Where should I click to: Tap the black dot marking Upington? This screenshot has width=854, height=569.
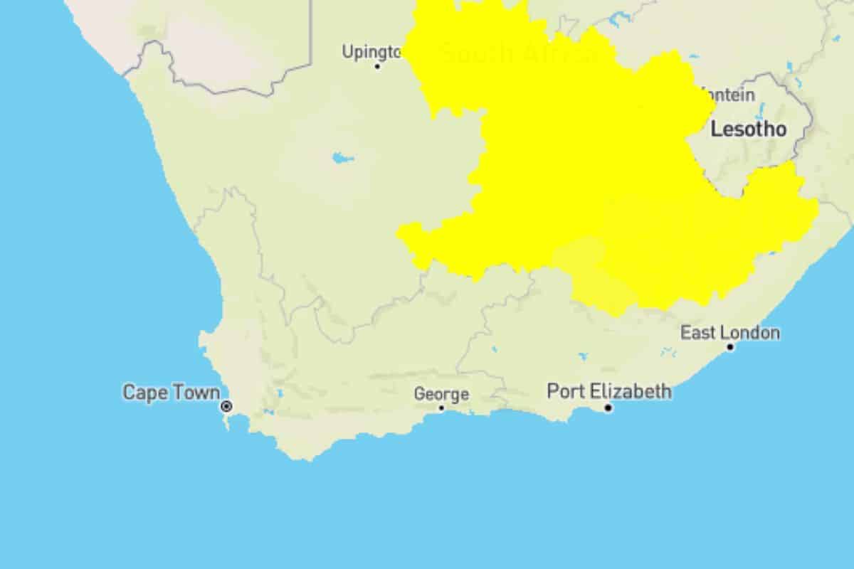[378, 66]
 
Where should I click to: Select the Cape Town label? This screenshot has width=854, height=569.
[171, 393]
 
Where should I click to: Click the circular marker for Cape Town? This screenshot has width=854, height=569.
[226, 406]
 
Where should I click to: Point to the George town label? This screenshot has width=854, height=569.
[441, 394]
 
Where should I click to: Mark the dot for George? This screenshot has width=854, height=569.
[441, 408]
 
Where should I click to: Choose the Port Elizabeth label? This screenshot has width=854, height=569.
[608, 391]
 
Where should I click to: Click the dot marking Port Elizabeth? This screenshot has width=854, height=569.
[608, 408]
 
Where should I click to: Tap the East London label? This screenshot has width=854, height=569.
[729, 333]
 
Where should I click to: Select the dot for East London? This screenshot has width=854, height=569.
[730, 347]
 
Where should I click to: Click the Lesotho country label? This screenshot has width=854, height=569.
[749, 129]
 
